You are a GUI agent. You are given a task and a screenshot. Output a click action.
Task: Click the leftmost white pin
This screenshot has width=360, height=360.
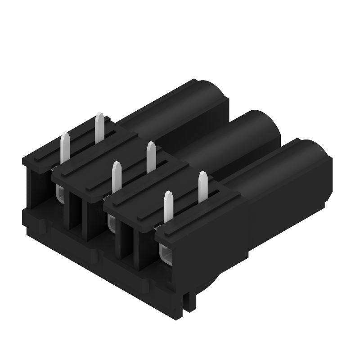[65, 148]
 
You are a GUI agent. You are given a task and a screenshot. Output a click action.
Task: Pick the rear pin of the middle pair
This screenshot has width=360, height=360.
[151, 157]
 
